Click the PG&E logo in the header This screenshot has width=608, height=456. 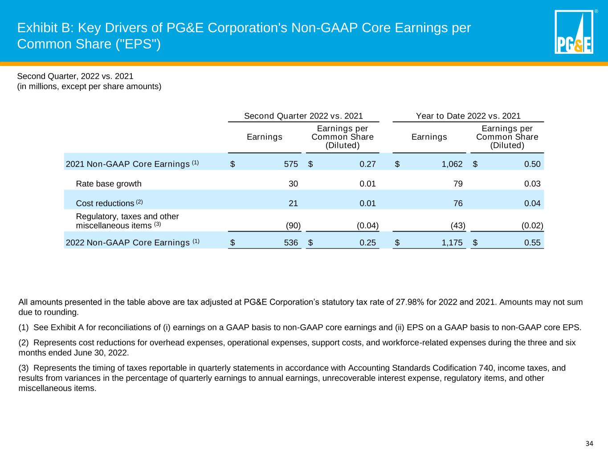point(574,33)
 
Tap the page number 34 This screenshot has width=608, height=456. point(589,444)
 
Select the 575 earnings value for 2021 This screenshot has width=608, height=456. point(291,164)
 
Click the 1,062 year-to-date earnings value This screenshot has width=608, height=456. point(452,164)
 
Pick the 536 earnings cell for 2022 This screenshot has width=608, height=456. point(291,243)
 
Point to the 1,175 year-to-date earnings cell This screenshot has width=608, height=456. point(452,243)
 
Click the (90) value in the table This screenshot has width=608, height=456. point(293,225)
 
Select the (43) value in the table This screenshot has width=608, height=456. point(458,225)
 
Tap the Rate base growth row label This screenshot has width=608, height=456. point(109,183)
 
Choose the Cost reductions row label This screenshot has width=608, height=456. point(105,204)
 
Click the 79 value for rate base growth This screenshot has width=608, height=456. point(458,183)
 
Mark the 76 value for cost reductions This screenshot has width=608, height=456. point(458,204)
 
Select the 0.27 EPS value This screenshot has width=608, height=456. point(367,164)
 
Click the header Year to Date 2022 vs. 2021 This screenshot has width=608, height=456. point(468,116)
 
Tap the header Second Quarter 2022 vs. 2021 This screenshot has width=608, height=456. point(303,116)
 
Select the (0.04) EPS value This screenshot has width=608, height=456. point(368,225)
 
